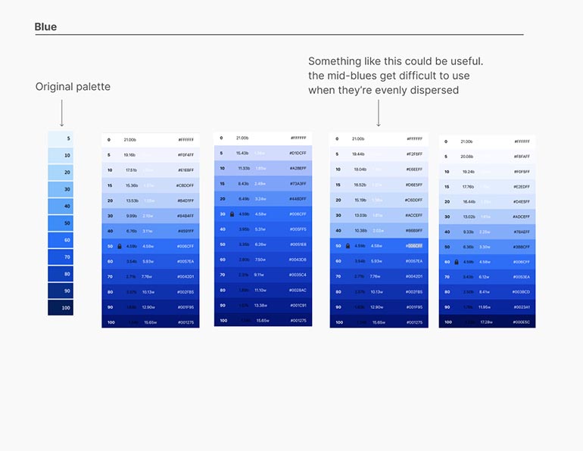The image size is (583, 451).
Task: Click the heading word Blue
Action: coord(45,27)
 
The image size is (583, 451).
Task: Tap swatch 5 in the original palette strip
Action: coord(61,139)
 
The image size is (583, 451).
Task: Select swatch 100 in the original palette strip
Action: coord(61,308)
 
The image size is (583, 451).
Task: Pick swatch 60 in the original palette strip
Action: coord(61,240)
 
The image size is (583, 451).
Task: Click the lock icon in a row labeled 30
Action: coord(232,214)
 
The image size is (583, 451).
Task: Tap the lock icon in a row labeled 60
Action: coord(456,262)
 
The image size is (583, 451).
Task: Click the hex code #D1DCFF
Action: coord(298,154)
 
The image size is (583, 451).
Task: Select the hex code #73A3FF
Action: coord(298,184)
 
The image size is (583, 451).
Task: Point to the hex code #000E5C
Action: coord(522,322)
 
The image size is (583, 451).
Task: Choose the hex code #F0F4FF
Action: coord(185,155)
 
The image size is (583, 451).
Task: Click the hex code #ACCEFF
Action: coord(413,216)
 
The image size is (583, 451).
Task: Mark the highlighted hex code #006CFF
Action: coord(413,246)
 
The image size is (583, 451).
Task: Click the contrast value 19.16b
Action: coord(131,155)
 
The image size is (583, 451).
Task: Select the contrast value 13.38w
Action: coord(260,305)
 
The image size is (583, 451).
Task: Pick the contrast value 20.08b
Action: coord(467,157)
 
